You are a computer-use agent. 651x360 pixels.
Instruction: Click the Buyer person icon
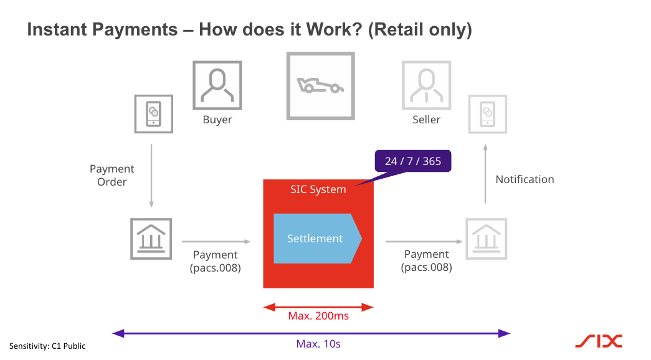coord(217,85)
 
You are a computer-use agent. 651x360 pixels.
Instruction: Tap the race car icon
coord(320,85)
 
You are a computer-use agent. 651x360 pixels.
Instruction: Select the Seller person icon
coord(426,85)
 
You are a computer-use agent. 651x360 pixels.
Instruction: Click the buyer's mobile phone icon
coord(153,114)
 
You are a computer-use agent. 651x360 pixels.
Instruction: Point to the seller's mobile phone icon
coord(488,114)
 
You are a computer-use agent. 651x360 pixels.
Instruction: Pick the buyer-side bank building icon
coord(151,239)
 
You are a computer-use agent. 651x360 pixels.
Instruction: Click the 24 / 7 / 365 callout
coord(412,161)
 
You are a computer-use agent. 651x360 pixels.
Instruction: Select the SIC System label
coord(318,190)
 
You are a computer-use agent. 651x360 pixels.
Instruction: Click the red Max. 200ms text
coord(318,316)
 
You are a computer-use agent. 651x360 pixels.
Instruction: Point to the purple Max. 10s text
coord(318,344)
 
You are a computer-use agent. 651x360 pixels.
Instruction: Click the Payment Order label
coord(112,176)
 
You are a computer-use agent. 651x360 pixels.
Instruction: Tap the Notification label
coord(525,179)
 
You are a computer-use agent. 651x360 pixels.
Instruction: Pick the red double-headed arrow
coord(318,306)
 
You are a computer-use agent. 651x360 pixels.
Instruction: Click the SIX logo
coord(598,341)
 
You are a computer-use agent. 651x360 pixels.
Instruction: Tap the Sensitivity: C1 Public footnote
coord(47,346)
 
